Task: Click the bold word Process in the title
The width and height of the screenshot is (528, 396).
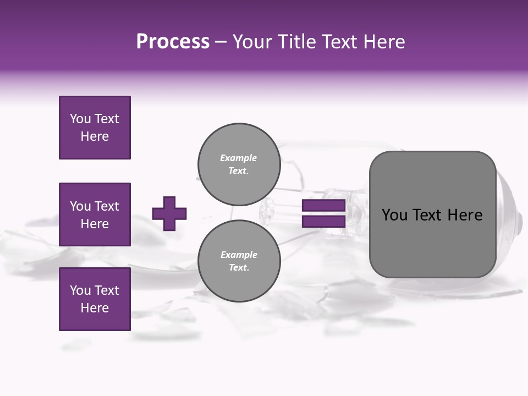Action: (x=173, y=42)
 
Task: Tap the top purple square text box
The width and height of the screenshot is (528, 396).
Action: (x=95, y=128)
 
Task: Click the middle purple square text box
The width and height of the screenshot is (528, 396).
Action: (x=95, y=215)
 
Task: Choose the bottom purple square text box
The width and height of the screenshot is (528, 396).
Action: (x=95, y=299)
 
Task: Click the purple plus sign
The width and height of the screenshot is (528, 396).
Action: (x=169, y=213)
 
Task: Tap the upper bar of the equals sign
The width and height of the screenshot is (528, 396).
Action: (x=323, y=206)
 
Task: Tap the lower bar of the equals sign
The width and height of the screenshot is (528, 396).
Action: (x=323, y=222)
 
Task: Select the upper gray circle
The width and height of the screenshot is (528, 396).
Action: (x=239, y=164)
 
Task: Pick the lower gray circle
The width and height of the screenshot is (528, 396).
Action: (x=239, y=261)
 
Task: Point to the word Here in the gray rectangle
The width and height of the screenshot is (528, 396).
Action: (x=465, y=215)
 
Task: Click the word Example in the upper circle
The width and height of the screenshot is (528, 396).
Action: (x=238, y=158)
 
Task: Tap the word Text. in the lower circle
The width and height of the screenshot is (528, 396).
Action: (x=239, y=268)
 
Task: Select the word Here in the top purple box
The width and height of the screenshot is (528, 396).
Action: (x=95, y=137)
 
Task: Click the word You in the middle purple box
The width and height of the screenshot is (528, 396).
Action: (x=80, y=206)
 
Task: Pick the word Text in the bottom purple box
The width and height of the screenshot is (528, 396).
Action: (x=107, y=290)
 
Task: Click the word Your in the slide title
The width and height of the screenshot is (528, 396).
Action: (x=254, y=42)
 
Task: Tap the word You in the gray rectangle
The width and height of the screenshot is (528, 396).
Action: (x=394, y=215)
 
